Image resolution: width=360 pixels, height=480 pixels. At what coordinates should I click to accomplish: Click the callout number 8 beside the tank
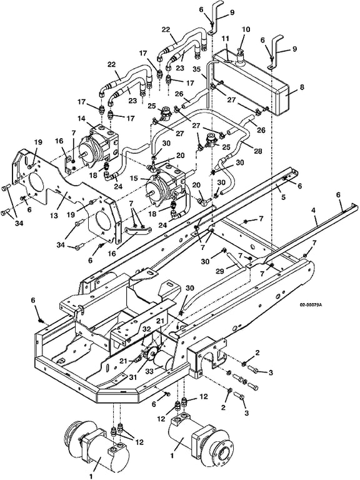click(x=302, y=87)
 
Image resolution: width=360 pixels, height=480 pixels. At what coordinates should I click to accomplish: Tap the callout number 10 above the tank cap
click(x=246, y=30)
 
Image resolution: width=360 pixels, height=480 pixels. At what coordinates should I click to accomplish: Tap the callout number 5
click(x=284, y=197)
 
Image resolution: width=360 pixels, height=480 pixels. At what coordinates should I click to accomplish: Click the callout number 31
click(x=133, y=377)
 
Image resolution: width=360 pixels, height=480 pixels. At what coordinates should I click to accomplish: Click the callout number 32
click(x=147, y=329)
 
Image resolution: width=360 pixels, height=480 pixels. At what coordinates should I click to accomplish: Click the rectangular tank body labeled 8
click(x=251, y=82)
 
